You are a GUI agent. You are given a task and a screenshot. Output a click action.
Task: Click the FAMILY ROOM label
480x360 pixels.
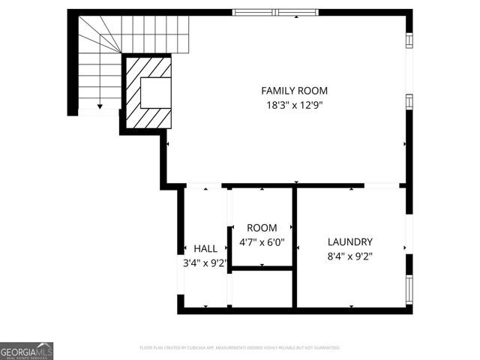pos(295,91)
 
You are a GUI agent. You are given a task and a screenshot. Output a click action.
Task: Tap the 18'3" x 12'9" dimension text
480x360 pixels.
pos(295,106)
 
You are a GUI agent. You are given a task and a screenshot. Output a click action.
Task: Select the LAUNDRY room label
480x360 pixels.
pos(349,242)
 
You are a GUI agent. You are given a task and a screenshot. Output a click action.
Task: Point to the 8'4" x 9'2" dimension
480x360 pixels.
pos(349,256)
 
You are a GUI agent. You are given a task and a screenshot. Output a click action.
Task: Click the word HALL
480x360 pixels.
pos(205,249)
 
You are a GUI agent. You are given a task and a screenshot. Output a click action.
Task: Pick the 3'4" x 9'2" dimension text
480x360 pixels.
pos(205,263)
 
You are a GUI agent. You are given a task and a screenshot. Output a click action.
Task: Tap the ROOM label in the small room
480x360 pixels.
pos(262,228)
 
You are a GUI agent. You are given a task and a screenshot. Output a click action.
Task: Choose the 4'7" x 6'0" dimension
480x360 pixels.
pos(262,243)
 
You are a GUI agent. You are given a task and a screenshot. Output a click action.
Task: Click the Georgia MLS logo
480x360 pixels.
pos(26,351)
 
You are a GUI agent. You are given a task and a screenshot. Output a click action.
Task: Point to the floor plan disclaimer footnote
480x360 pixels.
pos(239,348)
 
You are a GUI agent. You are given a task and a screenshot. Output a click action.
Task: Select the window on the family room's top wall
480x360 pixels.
pos(274,12)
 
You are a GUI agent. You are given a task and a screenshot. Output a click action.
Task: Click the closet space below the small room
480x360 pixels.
pos(262,289)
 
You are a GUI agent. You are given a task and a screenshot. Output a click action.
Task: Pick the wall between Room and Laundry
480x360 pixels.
pos(295,247)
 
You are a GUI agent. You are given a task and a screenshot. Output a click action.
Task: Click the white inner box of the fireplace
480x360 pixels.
pos(156,93)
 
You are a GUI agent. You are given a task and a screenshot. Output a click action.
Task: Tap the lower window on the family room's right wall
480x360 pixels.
pos(409,101)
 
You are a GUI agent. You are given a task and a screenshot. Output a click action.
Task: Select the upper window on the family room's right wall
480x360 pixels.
pos(409,40)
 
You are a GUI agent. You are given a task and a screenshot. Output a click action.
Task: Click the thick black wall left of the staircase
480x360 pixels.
pos(72,64)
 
